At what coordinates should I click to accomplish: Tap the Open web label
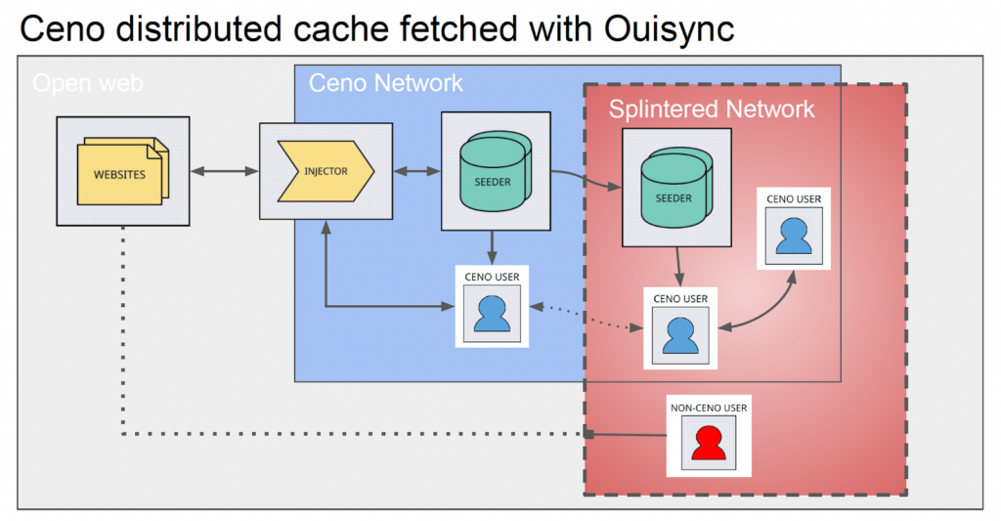pos(88,84)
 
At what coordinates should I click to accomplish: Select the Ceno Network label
pos(386,83)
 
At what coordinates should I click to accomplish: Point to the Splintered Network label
pos(712,109)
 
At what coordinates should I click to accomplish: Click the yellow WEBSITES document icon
pos(120,174)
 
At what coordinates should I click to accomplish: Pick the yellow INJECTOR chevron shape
pos(326,171)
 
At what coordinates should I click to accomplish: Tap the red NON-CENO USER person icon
pos(709,443)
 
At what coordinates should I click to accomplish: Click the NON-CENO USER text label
pos(709,407)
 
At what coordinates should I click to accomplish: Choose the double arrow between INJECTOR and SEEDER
pos(416,172)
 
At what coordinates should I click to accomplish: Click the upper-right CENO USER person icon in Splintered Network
pos(794,236)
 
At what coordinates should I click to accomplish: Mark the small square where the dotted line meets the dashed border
pos(588,433)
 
